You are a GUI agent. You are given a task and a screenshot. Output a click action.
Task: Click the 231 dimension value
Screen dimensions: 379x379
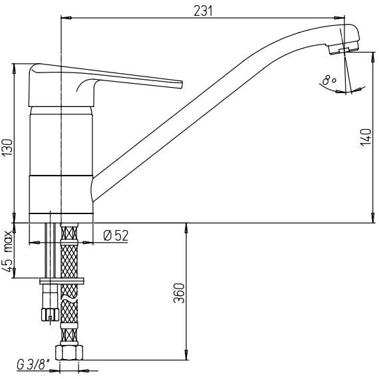click(203, 11)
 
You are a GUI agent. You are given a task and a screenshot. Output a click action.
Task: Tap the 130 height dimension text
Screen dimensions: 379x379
click(8, 147)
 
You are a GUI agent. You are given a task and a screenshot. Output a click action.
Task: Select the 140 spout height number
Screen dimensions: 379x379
click(366, 137)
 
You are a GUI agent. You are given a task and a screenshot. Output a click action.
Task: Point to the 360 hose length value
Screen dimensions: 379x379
click(179, 293)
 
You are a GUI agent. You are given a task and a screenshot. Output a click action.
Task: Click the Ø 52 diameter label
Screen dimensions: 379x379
click(116, 235)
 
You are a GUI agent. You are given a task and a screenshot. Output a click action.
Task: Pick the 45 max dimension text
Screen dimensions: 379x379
click(9, 251)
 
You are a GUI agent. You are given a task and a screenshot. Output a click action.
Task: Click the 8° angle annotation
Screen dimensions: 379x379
click(328, 80)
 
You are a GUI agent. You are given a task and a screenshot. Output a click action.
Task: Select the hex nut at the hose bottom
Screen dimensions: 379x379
click(69, 352)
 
